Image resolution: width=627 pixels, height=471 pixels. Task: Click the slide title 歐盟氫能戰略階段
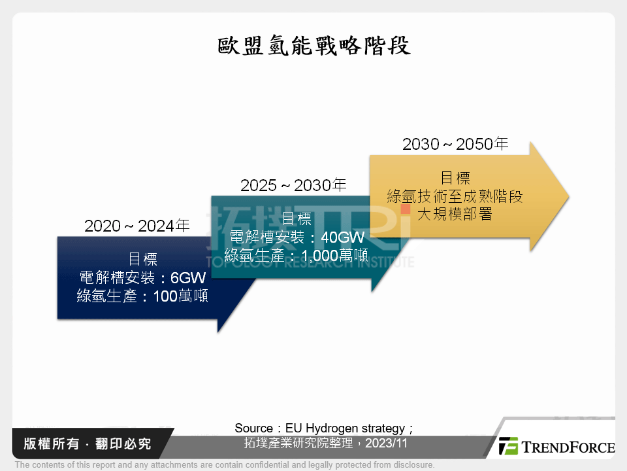pyautogui.click(x=313, y=46)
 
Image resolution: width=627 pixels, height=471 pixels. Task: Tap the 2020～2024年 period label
pyautogui.click(x=137, y=226)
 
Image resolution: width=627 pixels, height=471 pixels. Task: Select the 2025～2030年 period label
pyautogui.click(x=293, y=186)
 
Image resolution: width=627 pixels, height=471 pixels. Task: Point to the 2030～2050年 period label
pyautogui.click(x=455, y=144)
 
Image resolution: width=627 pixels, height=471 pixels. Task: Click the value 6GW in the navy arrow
pyautogui.click(x=188, y=277)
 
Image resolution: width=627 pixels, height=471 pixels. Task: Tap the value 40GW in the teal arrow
pyautogui.click(x=343, y=237)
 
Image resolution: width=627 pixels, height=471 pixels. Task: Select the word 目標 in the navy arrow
pyautogui.click(x=142, y=259)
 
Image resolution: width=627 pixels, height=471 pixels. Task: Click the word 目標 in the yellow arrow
pyautogui.click(x=455, y=177)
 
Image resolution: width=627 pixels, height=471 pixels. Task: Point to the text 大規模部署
pyautogui.click(x=455, y=214)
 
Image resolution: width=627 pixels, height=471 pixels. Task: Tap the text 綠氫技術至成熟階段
pyautogui.click(x=455, y=196)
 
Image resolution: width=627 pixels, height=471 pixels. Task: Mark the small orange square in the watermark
pyautogui.click(x=406, y=209)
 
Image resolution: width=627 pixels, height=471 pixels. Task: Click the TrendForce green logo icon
pyautogui.click(x=508, y=446)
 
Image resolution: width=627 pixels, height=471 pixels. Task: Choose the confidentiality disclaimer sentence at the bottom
pyautogui.click(x=225, y=464)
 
